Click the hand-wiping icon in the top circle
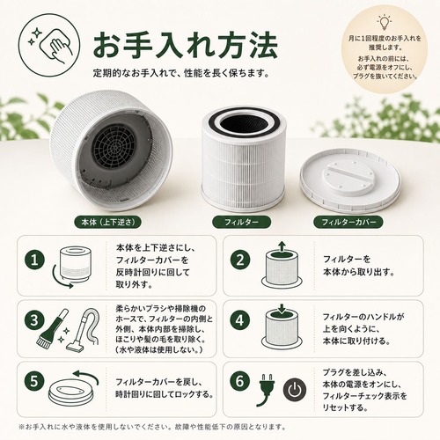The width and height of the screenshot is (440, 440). tap(49, 47)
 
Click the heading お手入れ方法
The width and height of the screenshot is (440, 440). tap(185, 46)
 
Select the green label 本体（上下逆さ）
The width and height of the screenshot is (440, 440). tap(108, 222)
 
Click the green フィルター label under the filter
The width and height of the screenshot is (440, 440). tap(241, 222)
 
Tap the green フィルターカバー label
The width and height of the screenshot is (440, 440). tap(348, 222)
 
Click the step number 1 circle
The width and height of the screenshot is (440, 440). tap(34, 260)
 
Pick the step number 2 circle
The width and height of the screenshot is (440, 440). tap(240, 260)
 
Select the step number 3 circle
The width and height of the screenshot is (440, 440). tap(34, 320)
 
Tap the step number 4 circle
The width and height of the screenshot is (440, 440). tap(240, 320)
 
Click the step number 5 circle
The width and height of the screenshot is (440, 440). tap(34, 381)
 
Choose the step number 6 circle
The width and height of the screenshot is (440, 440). tap(240, 381)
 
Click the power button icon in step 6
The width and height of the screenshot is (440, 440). tap(295, 390)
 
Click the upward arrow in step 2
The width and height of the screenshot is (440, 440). tap(282, 247)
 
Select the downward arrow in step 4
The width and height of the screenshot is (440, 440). tap(282, 309)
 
